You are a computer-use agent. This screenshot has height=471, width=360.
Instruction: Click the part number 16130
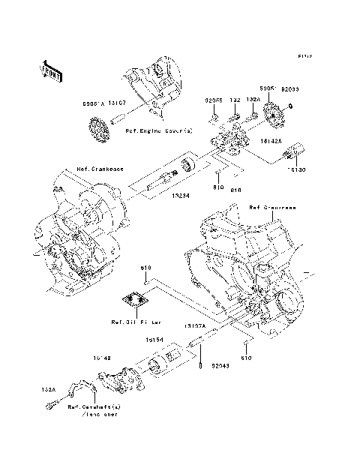pos(296,171)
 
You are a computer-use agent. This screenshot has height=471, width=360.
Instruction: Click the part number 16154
pos(156,340)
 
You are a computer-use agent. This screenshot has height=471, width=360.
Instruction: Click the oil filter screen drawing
pos(135,301)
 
